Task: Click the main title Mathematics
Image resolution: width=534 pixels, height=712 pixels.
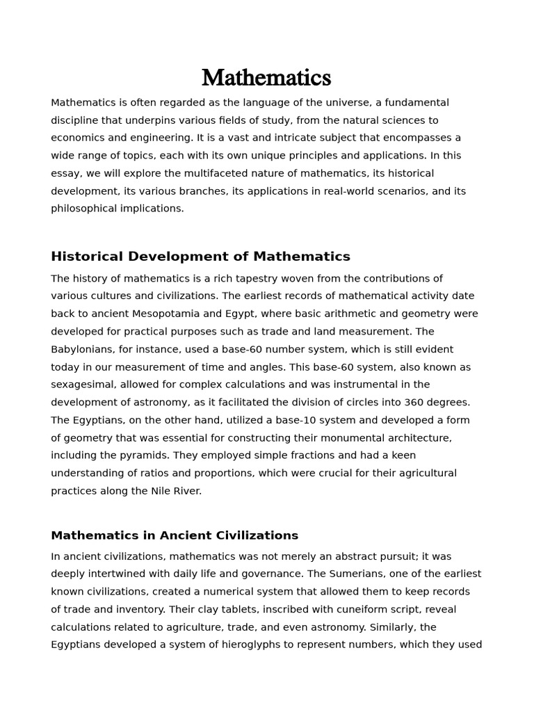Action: point(266,77)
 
